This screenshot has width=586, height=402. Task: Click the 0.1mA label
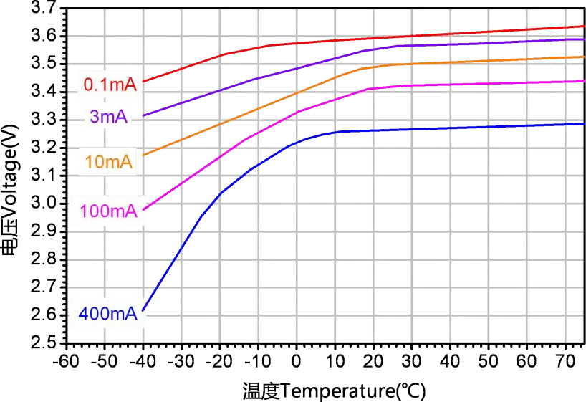click(110, 85)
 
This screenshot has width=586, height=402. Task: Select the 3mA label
click(109, 118)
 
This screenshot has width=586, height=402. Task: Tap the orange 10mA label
click(108, 162)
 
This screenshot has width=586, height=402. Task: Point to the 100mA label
click(108, 211)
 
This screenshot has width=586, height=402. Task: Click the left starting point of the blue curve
click(144, 310)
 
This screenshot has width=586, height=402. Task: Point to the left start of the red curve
click(144, 82)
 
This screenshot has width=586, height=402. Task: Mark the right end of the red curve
click(585, 27)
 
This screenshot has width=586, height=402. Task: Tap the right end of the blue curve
click(585, 123)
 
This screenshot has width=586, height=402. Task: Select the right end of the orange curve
click(585, 56)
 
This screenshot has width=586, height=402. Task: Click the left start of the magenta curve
click(144, 209)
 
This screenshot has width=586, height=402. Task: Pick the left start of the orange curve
click(144, 154)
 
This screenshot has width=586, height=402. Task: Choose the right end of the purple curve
click(585, 39)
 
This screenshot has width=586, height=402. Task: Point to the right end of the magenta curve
click(585, 82)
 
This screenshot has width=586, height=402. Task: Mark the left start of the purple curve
click(144, 115)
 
